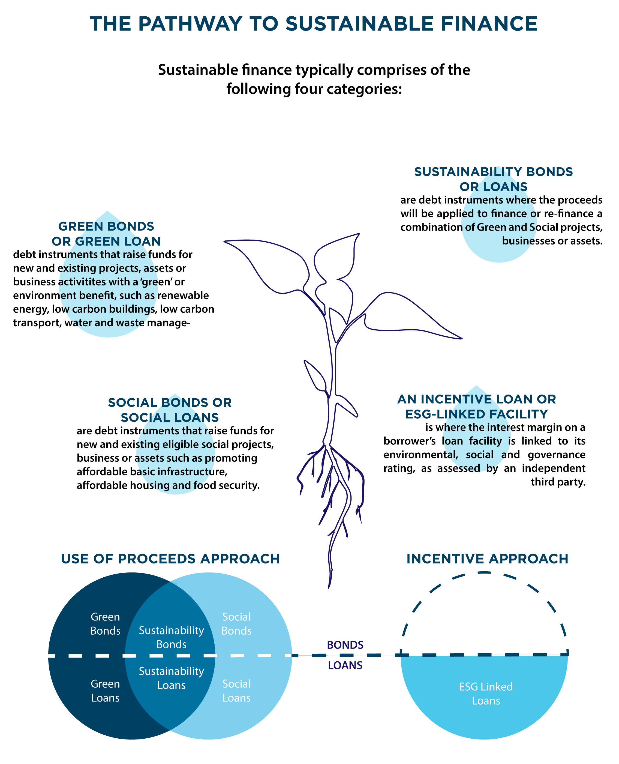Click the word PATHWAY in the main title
tap(190, 24)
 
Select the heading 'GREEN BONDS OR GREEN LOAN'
tap(106, 234)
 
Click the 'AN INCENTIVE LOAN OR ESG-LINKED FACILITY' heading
tap(476, 407)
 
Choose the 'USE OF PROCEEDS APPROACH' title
tap(170, 559)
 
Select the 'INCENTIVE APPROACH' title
tap(487, 559)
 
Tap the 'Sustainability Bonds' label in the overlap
tap(171, 637)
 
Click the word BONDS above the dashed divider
tap(345, 645)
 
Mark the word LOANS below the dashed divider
tap(345, 665)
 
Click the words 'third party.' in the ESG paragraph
tap(558, 482)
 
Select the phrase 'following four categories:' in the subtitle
tap(314, 89)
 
